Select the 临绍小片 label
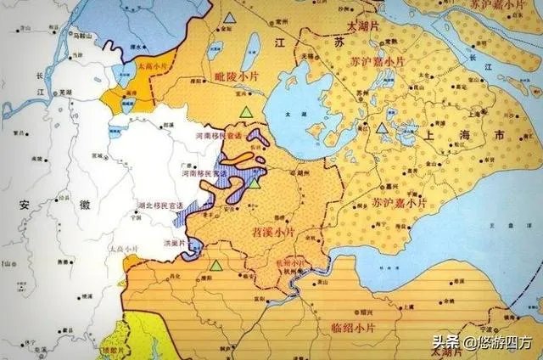click(351, 326)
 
